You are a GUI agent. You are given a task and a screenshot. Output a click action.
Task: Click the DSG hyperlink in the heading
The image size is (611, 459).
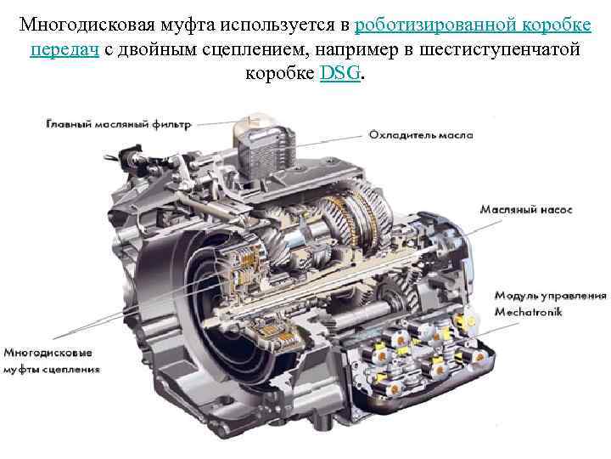coord(339,72)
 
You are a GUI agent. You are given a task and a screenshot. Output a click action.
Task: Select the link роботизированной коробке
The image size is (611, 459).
coord(473,25)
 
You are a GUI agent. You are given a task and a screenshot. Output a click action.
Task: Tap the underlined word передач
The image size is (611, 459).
coord(64,50)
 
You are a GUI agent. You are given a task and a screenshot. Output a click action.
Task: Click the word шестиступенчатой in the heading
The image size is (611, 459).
coord(500,50)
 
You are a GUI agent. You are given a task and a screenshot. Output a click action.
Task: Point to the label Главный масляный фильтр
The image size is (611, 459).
coord(119,124)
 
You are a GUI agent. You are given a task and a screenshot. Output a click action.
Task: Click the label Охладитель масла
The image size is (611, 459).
coord(421,135)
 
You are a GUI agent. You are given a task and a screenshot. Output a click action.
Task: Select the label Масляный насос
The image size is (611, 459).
coord(526,210)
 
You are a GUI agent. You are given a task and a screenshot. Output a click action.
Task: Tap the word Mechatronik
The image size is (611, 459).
coord(529,312)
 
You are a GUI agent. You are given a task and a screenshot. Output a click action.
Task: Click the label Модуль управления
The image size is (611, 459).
coord(550,296)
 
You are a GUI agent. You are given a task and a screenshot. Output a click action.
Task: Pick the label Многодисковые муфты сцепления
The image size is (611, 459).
coord(52,360)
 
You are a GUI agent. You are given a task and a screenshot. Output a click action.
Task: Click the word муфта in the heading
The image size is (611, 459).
coord(188,25)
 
